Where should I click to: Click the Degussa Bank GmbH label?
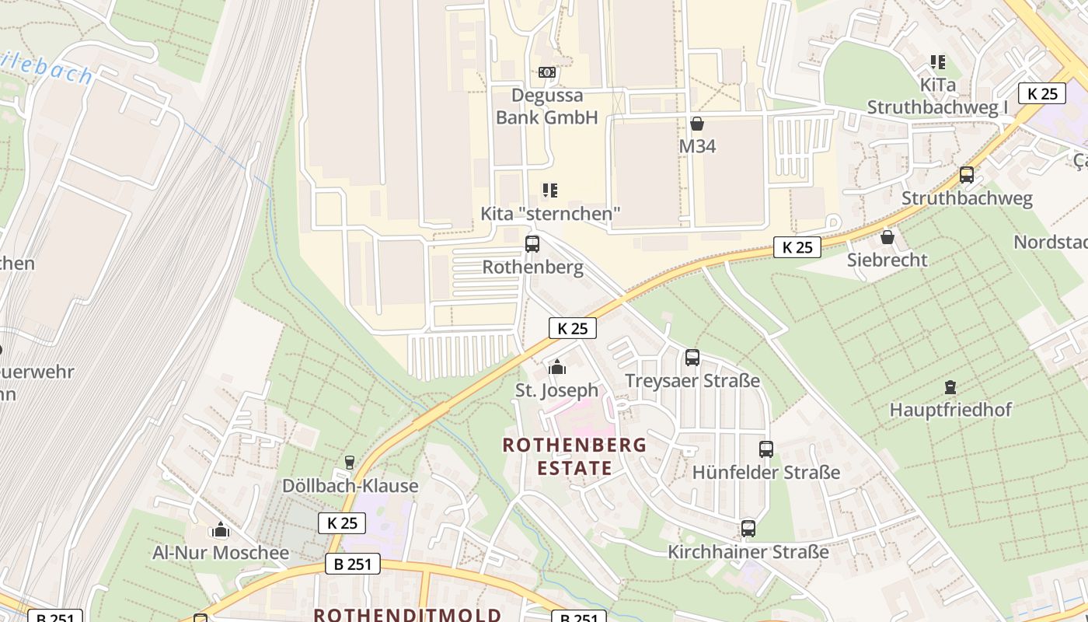[547, 107]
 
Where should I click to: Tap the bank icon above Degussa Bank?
[547, 72]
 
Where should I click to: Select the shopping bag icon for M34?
[697, 124]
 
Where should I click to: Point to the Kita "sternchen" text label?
[551, 213]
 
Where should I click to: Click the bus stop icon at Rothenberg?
[532, 244]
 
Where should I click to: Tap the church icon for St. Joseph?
[557, 367]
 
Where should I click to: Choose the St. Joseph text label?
[557, 390]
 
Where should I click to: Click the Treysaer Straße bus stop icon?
[692, 358]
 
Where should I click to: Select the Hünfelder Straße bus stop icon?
[766, 449]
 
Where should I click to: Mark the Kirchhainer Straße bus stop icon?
[748, 529]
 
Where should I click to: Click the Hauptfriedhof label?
[950, 410]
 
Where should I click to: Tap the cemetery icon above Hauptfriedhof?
[950, 386]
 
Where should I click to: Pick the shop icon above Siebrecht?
[887, 237]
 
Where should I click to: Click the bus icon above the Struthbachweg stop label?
[967, 175]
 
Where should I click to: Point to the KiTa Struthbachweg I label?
[937, 96]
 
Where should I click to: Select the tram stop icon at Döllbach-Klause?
[350, 463]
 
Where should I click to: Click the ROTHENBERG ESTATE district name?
[574, 456]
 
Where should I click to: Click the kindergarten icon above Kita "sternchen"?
[550, 190]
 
